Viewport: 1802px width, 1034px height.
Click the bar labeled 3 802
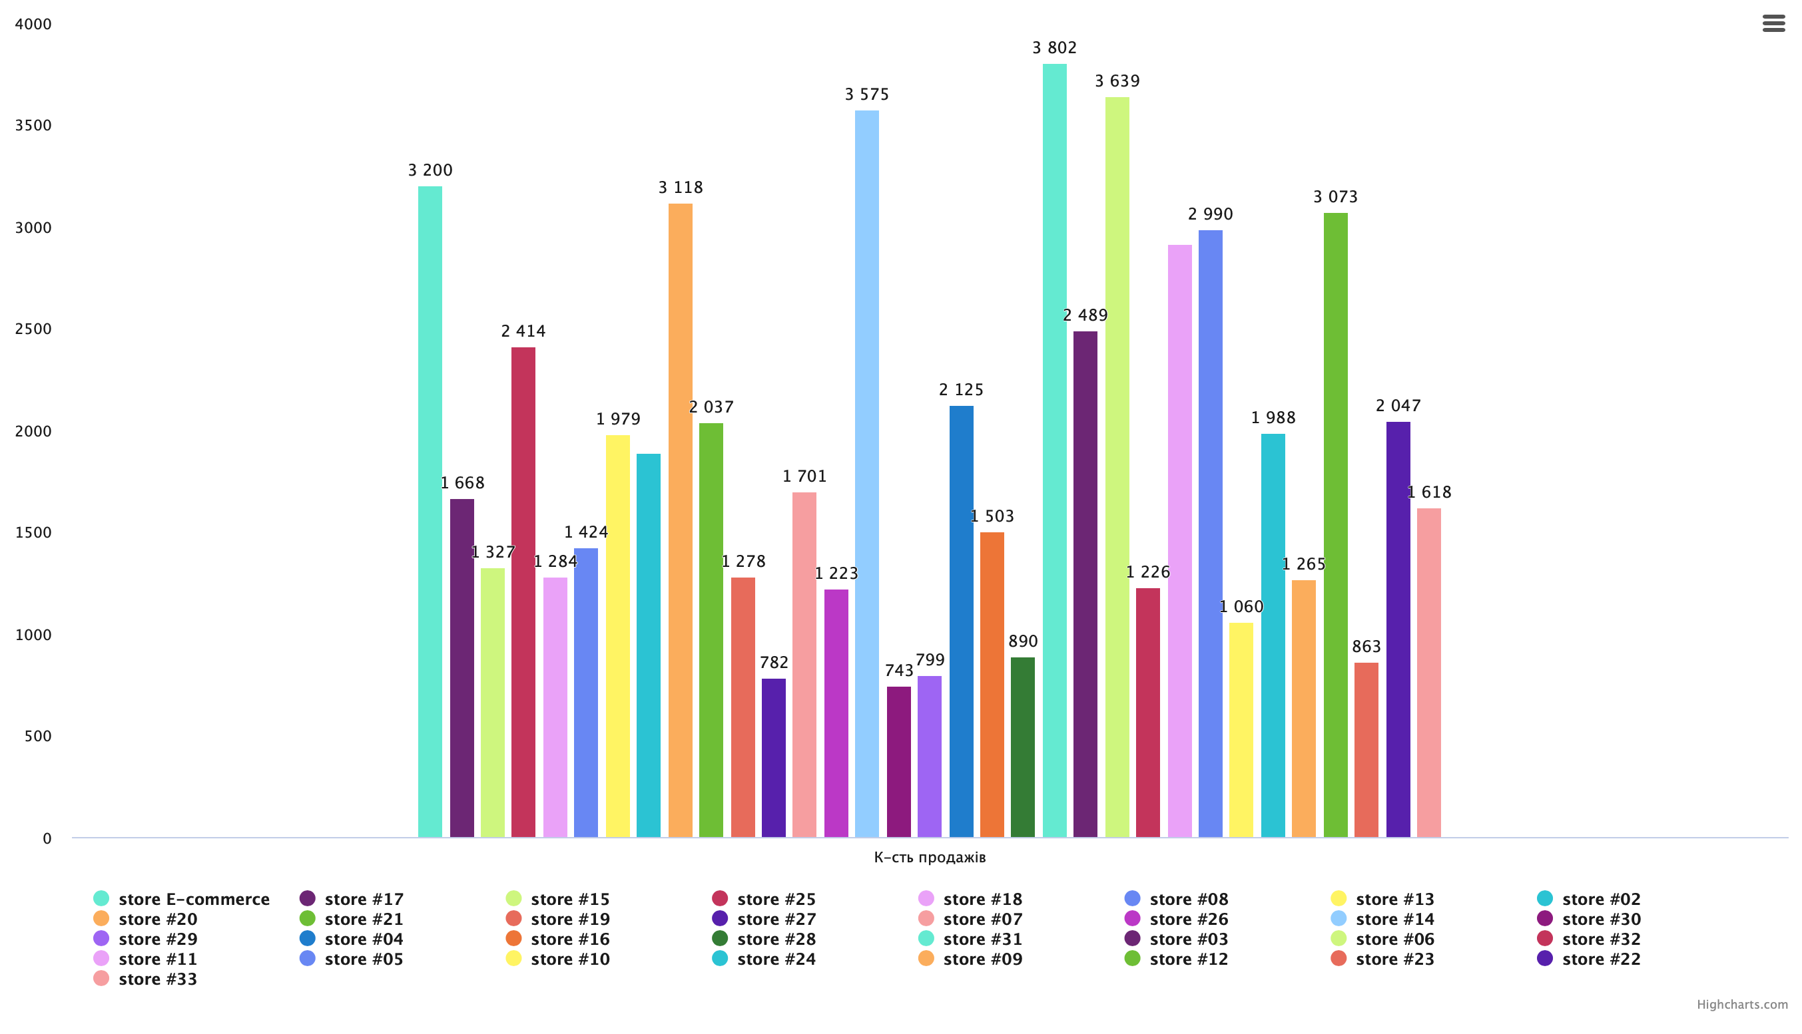click(x=1054, y=451)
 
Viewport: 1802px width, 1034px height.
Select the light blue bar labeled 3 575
click(x=867, y=474)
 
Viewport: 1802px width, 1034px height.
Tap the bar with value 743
click(x=899, y=762)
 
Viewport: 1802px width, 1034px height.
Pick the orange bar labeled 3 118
click(x=680, y=520)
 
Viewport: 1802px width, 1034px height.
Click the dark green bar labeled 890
click(x=1022, y=747)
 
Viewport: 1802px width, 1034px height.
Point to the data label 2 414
click(x=523, y=331)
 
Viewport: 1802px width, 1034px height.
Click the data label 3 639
click(x=1117, y=82)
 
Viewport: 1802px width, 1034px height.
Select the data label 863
click(x=1366, y=647)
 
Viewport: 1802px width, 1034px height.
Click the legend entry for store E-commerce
click(x=193, y=899)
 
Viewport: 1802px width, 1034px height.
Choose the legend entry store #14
click(x=1394, y=919)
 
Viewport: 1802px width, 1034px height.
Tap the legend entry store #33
click(x=157, y=979)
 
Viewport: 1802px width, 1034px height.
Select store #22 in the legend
click(x=1601, y=959)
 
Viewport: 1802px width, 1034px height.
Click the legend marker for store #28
click(x=720, y=939)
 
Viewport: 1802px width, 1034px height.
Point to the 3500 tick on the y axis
click(x=33, y=126)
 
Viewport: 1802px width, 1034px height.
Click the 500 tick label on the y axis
click(x=38, y=737)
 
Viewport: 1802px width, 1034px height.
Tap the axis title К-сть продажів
click(x=930, y=858)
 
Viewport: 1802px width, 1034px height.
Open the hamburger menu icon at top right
click(x=1773, y=23)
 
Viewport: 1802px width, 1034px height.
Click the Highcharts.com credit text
click(x=1742, y=1005)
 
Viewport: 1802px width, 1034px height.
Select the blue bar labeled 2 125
click(x=961, y=621)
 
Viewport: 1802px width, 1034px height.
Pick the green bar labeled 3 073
click(x=1335, y=526)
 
